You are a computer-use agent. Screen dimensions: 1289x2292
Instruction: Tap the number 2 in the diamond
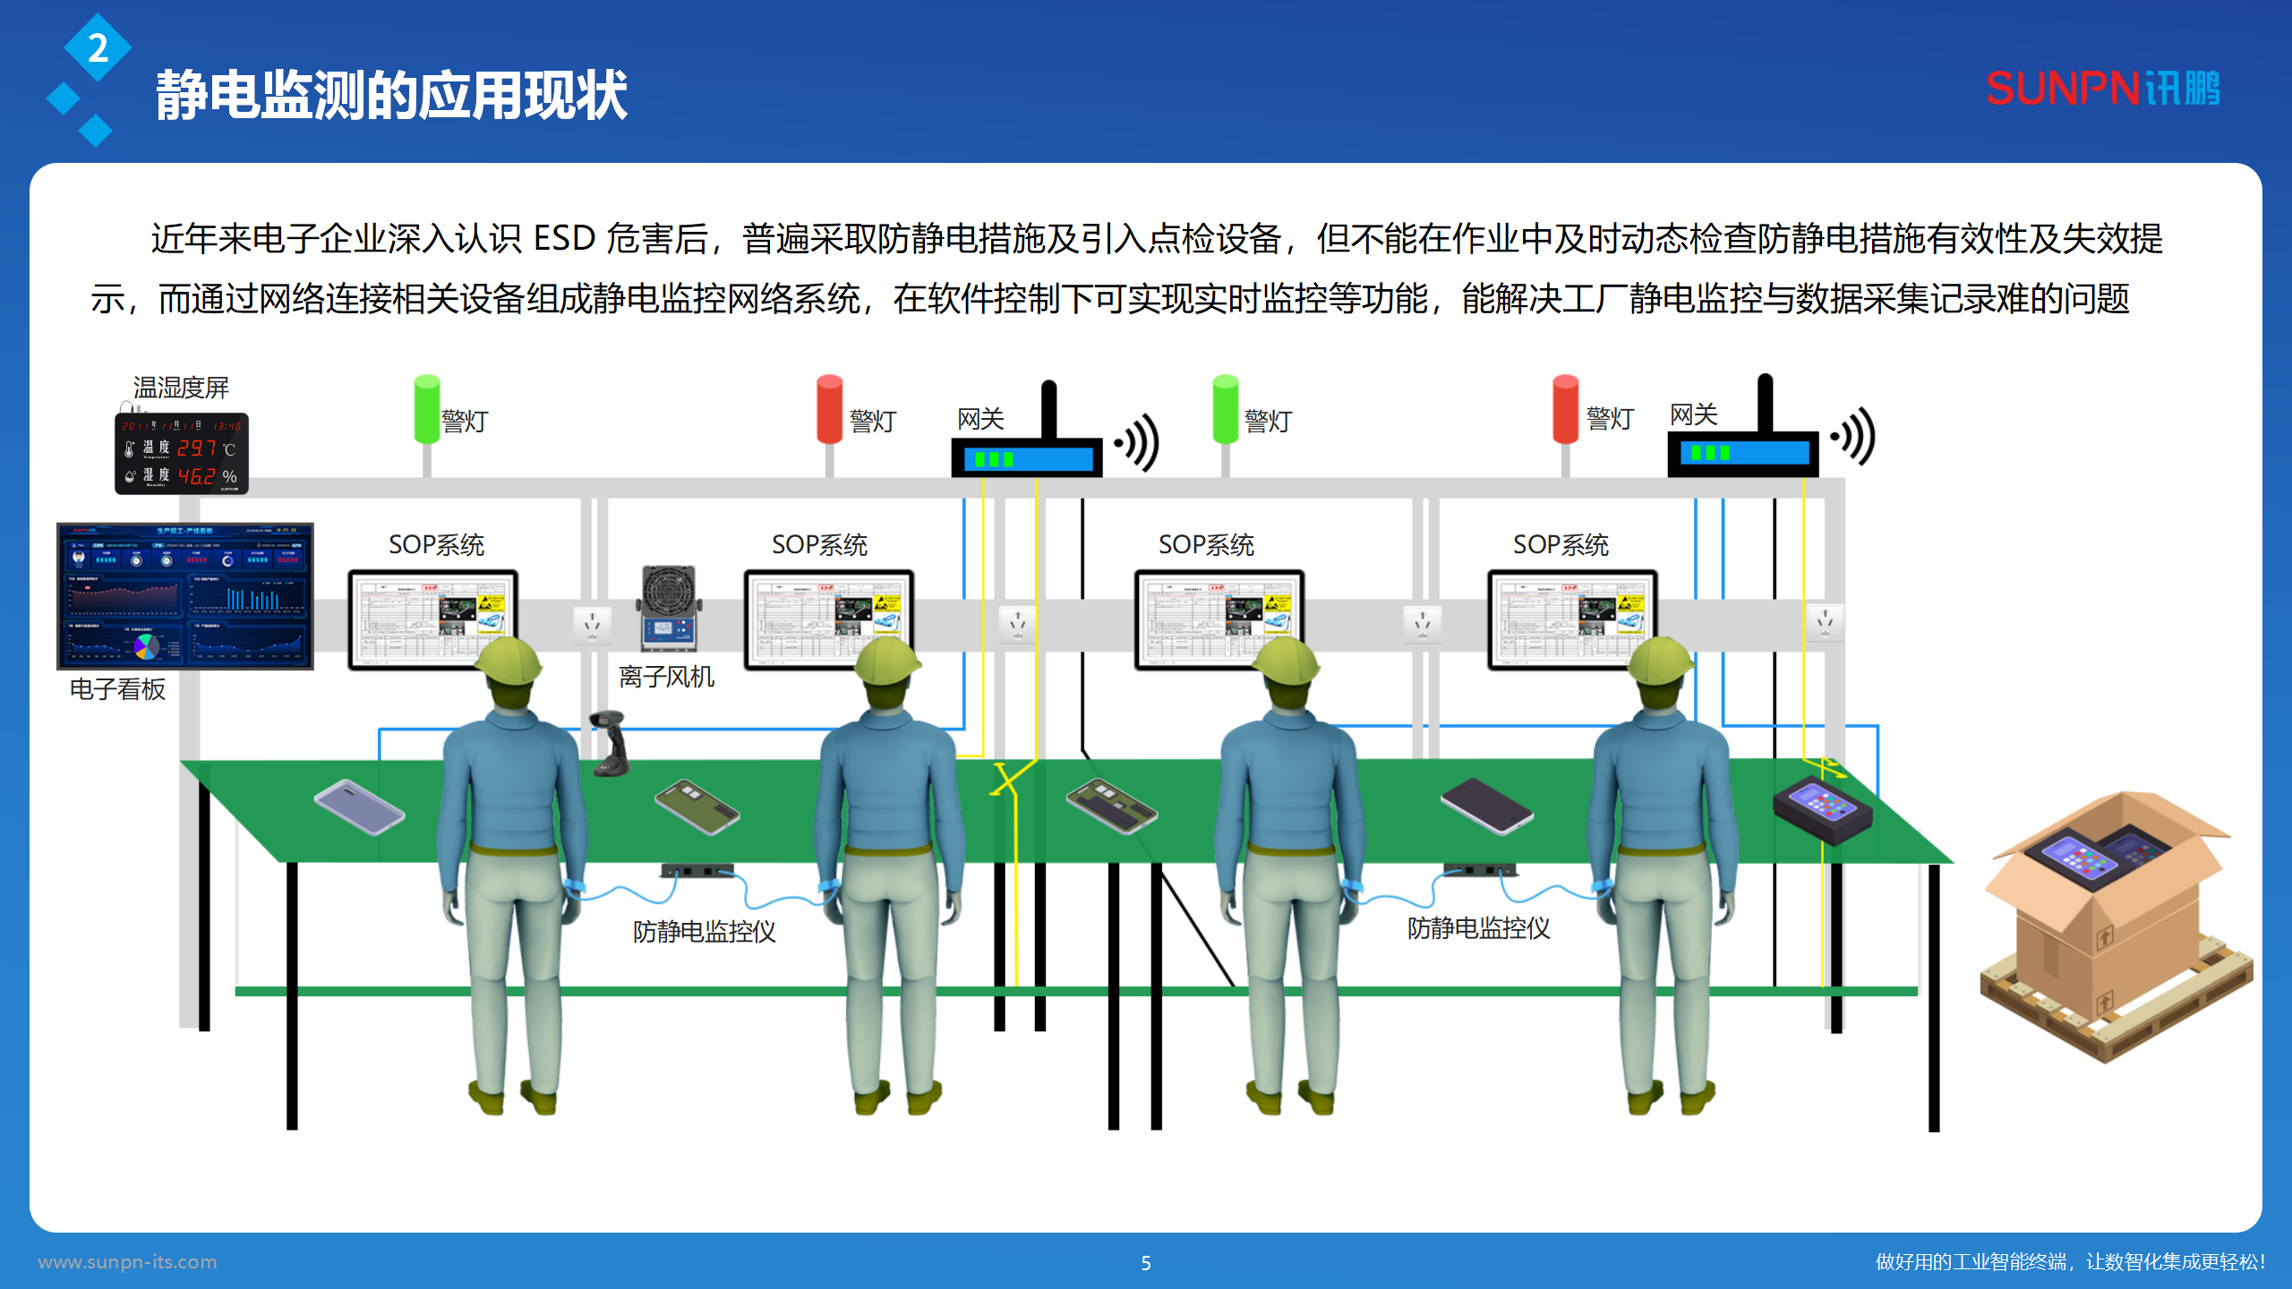[98, 48]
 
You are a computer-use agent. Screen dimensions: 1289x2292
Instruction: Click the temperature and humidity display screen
[182, 454]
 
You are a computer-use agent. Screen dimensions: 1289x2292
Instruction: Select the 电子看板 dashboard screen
[185, 595]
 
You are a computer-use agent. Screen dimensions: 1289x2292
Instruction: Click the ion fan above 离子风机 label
[669, 609]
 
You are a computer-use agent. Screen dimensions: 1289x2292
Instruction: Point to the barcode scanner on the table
[611, 743]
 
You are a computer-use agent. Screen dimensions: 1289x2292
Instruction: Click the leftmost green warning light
[427, 409]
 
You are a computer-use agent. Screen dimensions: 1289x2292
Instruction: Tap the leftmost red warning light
[830, 409]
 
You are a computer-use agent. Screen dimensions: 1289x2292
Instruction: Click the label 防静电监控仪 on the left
[704, 932]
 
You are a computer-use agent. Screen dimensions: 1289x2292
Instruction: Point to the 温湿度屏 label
[181, 388]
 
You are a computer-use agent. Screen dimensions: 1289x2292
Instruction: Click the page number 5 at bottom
[1146, 1263]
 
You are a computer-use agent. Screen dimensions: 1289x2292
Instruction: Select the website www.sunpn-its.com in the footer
[127, 1262]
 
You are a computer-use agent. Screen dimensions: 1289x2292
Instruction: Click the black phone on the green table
[1486, 805]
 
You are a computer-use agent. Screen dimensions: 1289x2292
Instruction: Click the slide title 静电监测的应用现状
[391, 95]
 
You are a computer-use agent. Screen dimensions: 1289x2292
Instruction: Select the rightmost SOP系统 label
[1560, 544]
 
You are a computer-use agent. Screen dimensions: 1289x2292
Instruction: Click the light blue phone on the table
[359, 807]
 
